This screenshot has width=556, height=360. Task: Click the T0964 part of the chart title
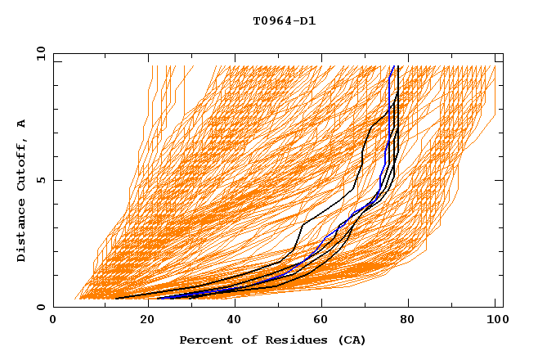click(x=270, y=21)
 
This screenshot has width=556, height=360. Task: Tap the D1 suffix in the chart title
click(x=306, y=21)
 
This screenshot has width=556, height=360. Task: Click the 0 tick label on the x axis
click(x=53, y=321)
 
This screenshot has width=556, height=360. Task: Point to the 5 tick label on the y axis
click(x=40, y=180)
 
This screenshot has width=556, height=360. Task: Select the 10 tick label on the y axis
click(x=38, y=53)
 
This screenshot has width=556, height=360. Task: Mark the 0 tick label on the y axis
click(x=40, y=307)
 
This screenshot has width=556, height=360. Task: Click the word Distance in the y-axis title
click(x=21, y=232)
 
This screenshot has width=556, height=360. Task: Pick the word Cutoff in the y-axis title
click(x=21, y=166)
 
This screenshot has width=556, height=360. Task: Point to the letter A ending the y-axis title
click(x=21, y=124)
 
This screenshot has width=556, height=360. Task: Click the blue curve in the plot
click(x=384, y=164)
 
